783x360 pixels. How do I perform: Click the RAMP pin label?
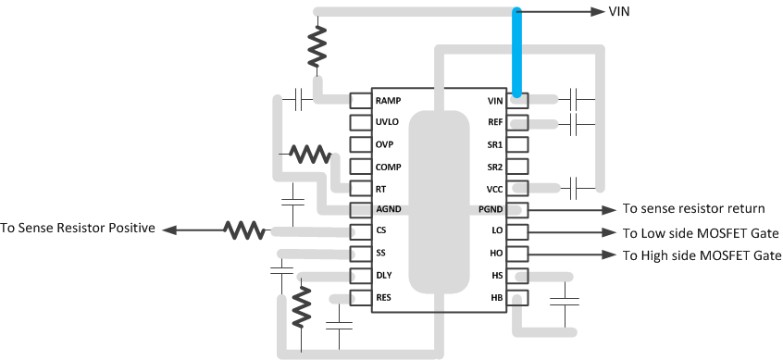388,100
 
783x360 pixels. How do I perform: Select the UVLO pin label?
387,122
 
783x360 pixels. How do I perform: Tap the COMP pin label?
388,167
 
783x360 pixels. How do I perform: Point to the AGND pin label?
388,210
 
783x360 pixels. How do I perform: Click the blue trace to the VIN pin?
516,51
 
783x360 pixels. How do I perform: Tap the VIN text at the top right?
620,12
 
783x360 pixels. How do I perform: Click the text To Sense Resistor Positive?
78,228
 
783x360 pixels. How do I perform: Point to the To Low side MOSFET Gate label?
701,232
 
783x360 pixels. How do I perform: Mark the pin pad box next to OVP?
360,144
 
